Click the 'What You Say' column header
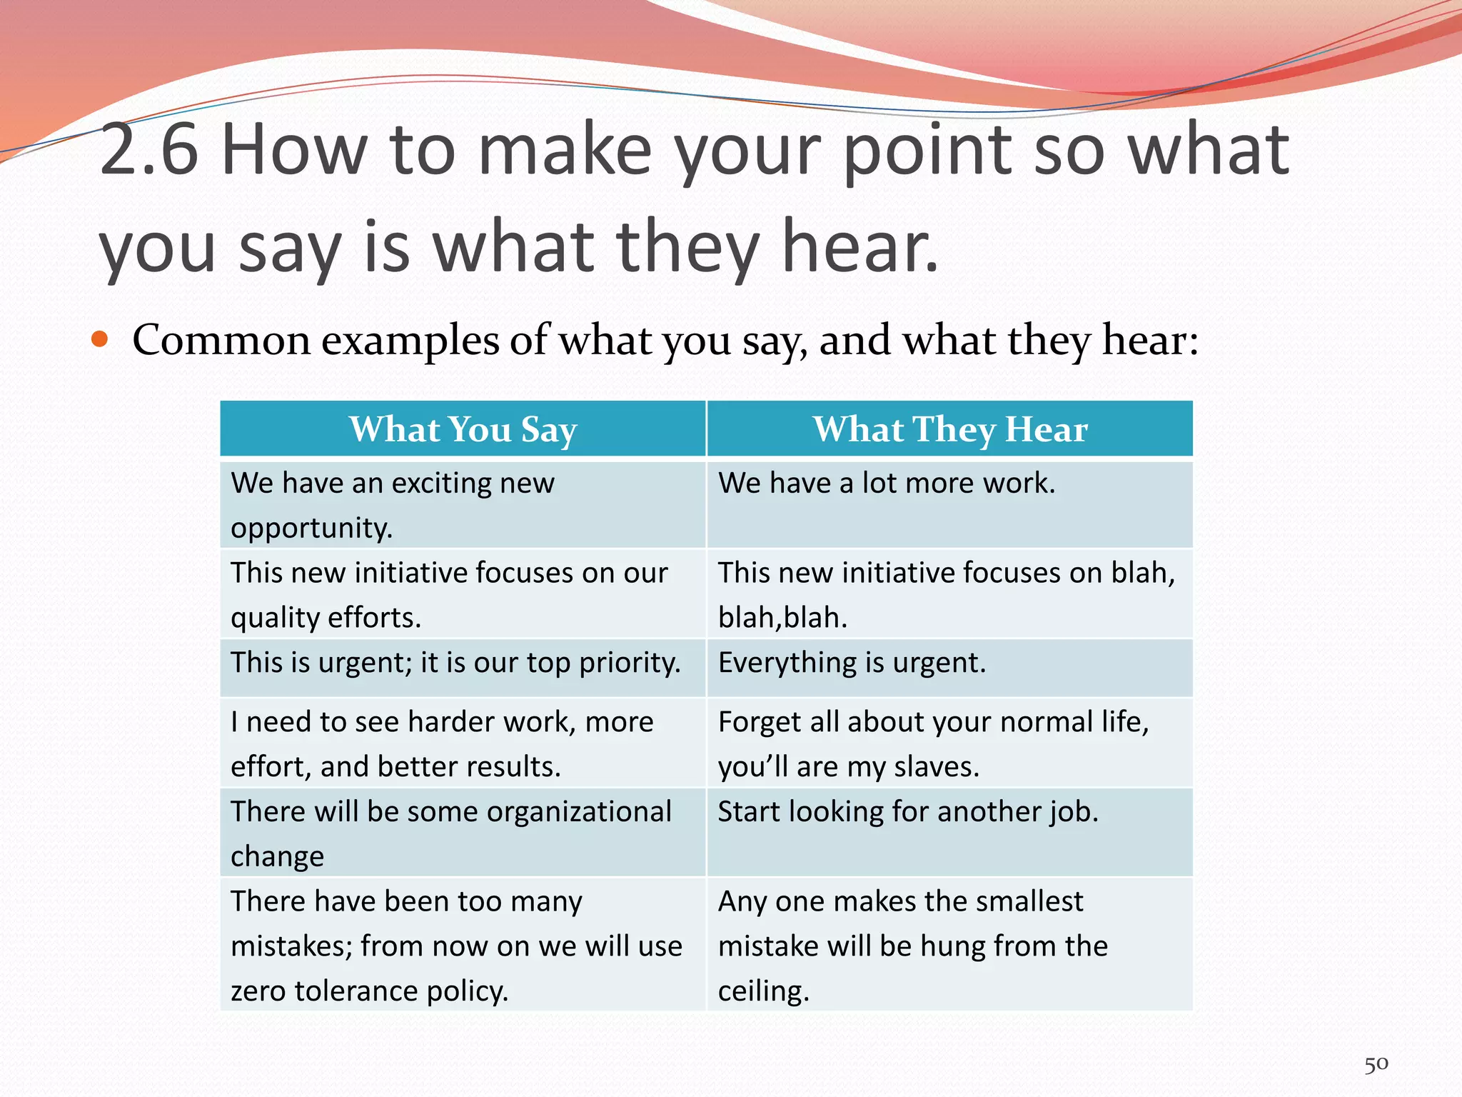click(463, 429)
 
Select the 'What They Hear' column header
click(949, 429)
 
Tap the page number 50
click(1376, 1064)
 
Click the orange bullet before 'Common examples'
click(100, 339)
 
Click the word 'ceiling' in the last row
click(762, 991)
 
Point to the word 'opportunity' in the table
click(311, 529)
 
